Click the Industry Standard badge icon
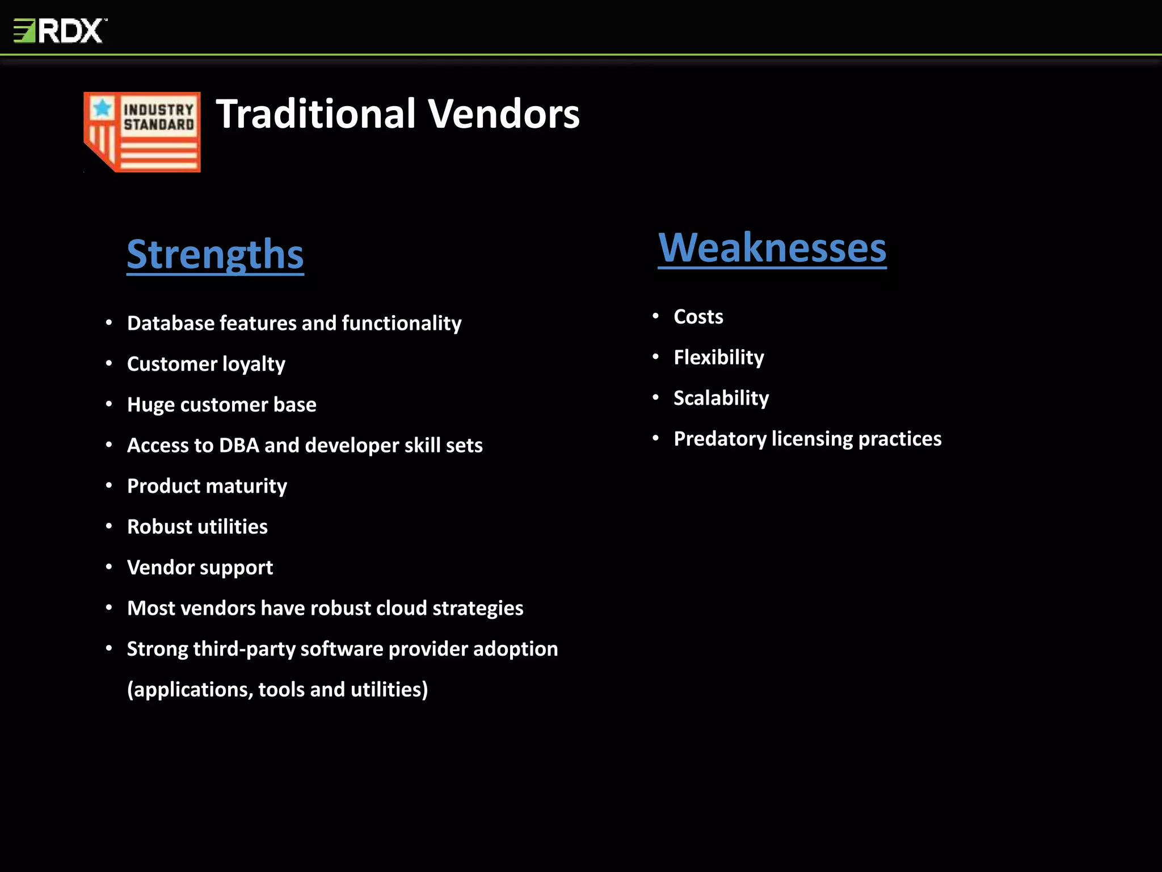142,132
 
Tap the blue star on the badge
103,107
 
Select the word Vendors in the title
503,114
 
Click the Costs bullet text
698,317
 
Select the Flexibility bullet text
718,358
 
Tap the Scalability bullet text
721,398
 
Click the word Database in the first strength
170,323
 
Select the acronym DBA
239,446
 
